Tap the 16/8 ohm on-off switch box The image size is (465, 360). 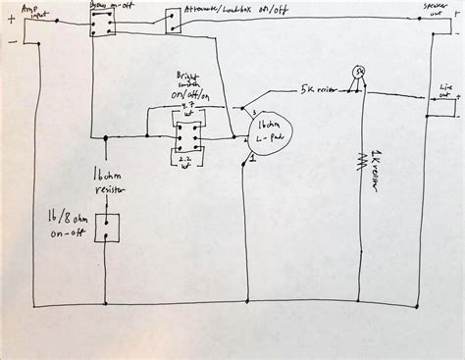click(x=105, y=230)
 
